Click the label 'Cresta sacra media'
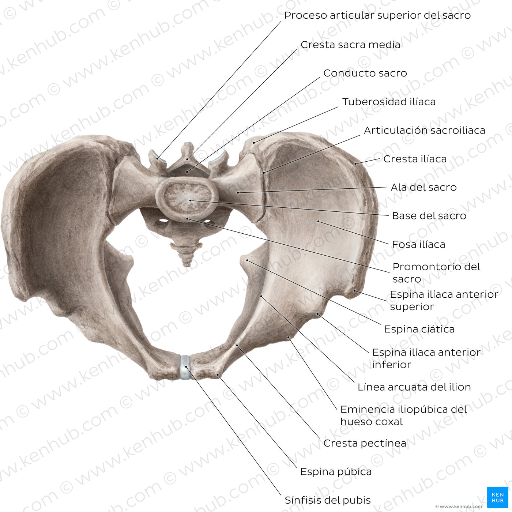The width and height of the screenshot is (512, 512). click(x=350, y=45)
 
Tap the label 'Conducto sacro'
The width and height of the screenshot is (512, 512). click(x=365, y=73)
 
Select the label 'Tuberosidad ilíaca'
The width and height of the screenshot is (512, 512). click(x=389, y=102)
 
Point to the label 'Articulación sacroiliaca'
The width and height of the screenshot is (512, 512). click(x=424, y=131)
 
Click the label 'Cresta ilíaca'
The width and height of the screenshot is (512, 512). click(x=415, y=159)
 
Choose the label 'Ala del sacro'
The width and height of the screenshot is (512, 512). click(x=423, y=187)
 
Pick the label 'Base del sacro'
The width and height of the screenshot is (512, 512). click(x=429, y=216)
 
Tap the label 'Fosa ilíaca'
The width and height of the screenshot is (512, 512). click(x=418, y=244)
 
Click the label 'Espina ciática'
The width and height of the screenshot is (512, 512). click(x=419, y=329)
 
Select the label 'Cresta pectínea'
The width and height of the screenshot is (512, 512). click(x=365, y=443)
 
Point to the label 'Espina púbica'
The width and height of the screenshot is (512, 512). click(x=336, y=472)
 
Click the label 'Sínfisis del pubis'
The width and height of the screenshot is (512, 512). click(x=328, y=500)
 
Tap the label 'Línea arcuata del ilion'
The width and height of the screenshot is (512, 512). click(x=414, y=387)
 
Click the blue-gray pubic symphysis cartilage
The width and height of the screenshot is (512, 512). click(x=185, y=367)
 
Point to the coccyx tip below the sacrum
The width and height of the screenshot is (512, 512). click(x=187, y=265)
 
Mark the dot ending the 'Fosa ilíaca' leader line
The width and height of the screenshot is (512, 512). click(x=318, y=221)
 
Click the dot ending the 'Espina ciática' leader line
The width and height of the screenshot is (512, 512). click(x=247, y=260)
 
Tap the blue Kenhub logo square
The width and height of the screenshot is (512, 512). click(x=498, y=497)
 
